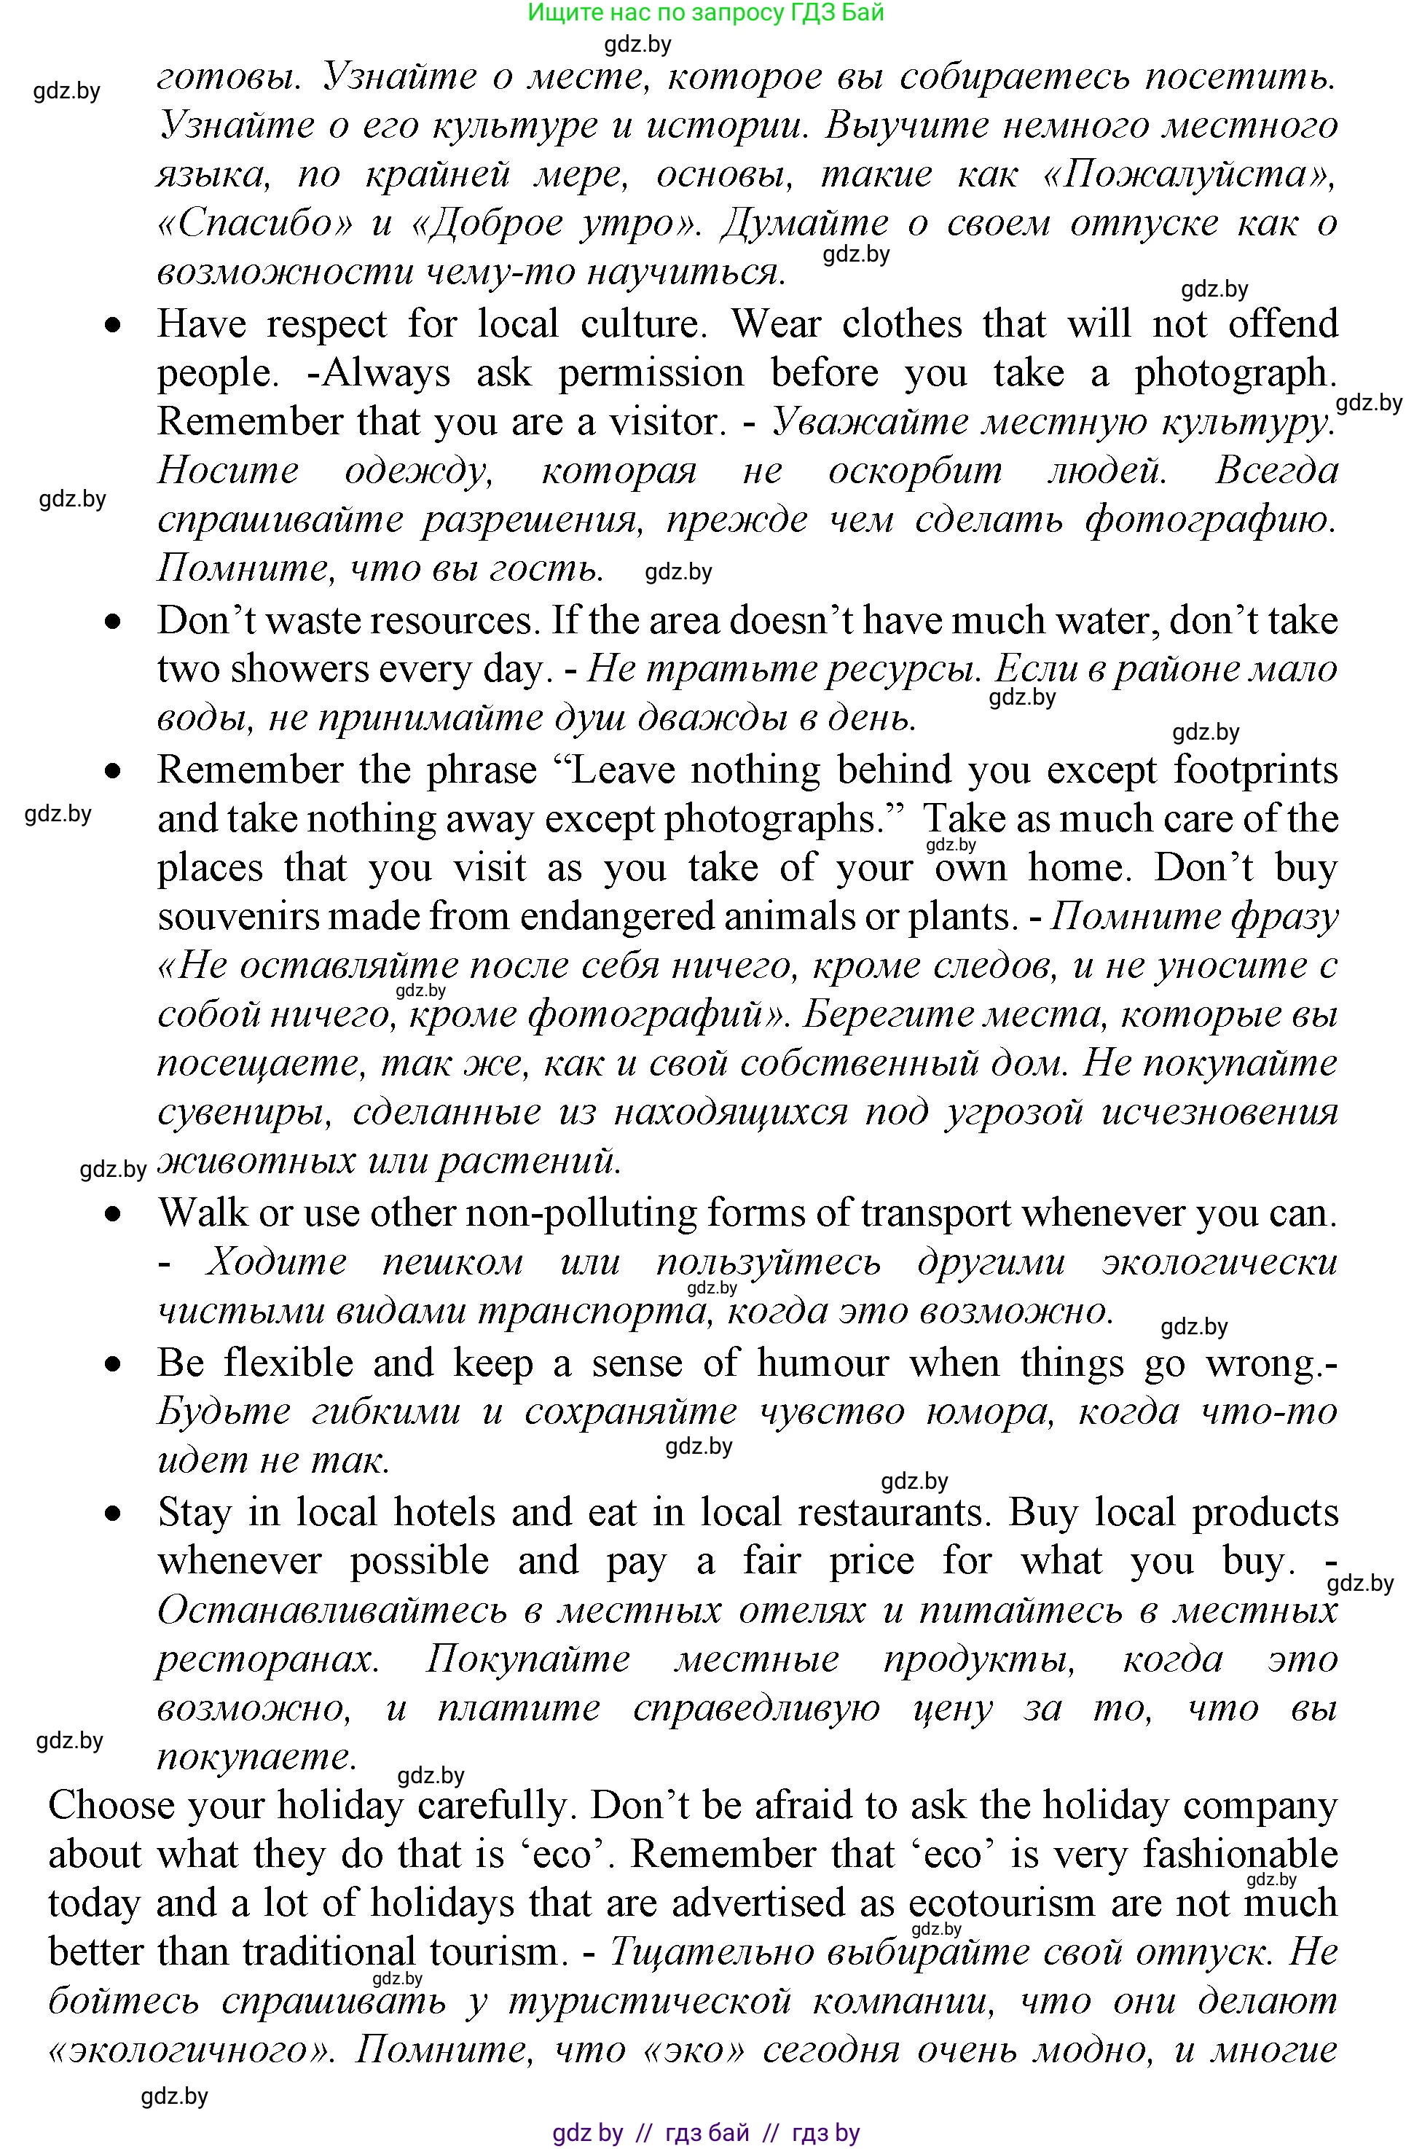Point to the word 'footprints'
(x=1255, y=770)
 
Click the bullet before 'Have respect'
(x=112, y=326)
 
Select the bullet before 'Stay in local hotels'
(x=112, y=1514)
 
